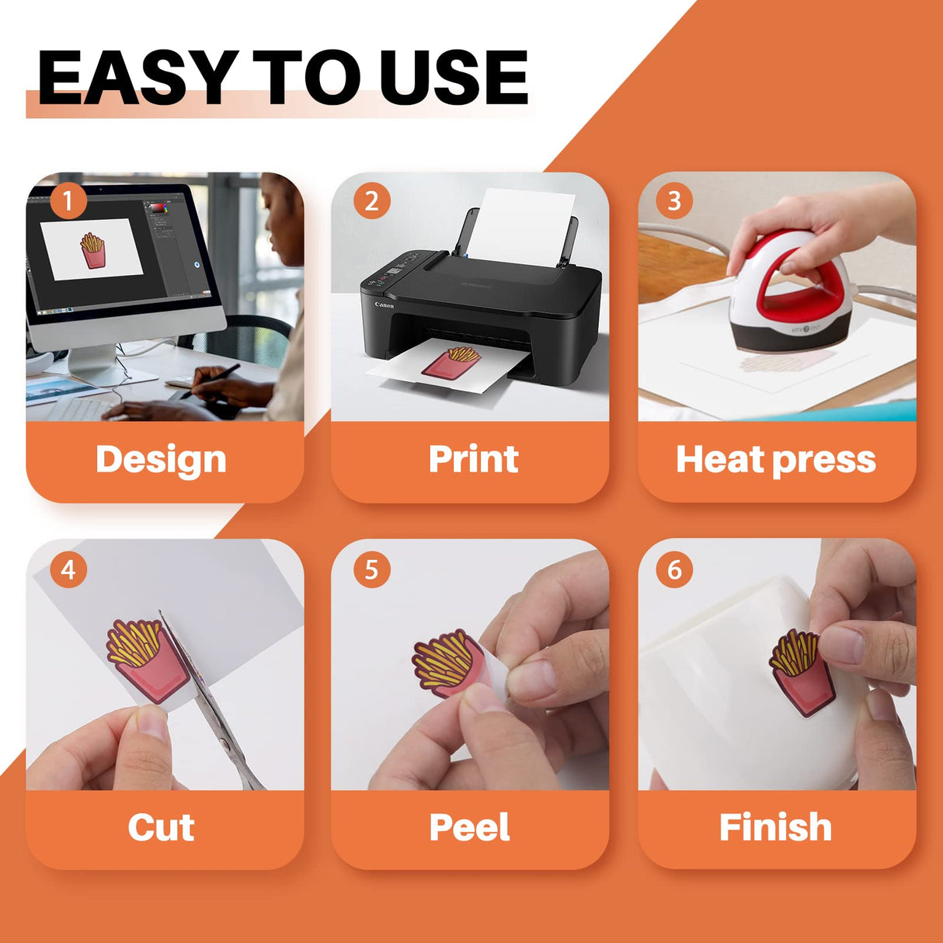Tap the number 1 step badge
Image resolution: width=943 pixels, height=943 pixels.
[68, 202]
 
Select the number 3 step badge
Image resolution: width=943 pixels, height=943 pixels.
[674, 202]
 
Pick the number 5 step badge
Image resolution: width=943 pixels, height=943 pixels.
[371, 570]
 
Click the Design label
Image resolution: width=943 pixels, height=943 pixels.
[161, 459]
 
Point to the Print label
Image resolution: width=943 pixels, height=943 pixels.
[473, 459]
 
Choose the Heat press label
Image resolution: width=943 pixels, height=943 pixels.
[775, 459]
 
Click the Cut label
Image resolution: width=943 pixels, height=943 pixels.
[161, 827]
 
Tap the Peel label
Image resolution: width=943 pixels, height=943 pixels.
[469, 827]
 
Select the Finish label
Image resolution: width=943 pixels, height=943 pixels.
[775, 827]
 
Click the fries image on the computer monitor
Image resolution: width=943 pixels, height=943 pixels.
[92, 251]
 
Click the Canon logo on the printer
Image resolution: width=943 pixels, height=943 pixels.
[385, 305]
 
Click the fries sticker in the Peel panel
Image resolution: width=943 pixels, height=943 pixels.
[447, 664]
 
